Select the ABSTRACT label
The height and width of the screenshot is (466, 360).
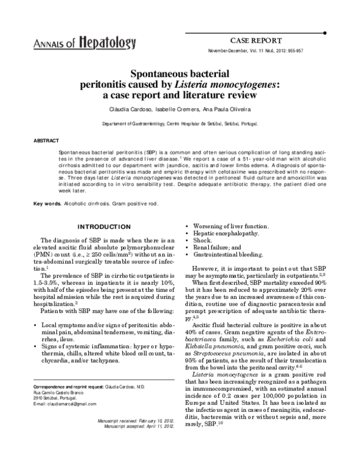(x=46, y=141)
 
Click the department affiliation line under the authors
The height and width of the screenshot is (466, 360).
(x=180, y=122)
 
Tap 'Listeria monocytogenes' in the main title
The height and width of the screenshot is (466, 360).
(x=231, y=85)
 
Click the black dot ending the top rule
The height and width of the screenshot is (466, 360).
(x=324, y=32)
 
